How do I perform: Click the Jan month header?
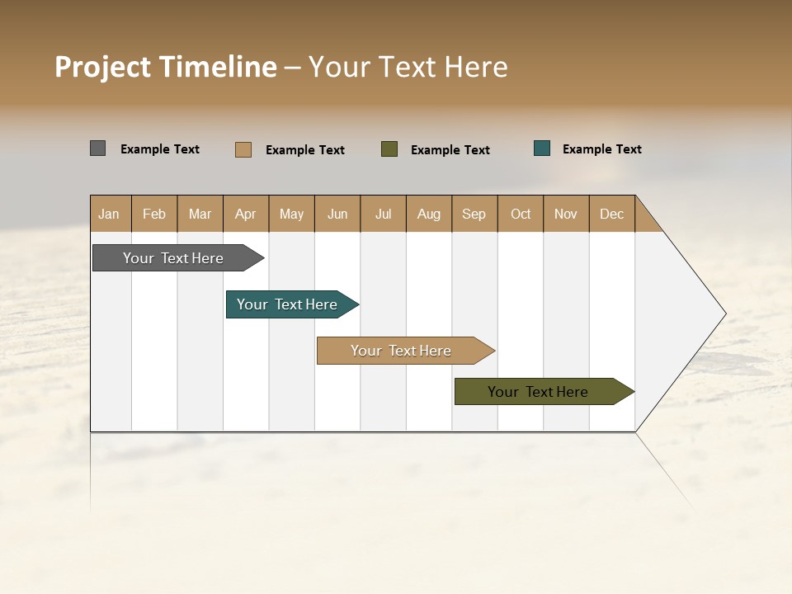click(x=110, y=214)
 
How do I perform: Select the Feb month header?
click(x=154, y=214)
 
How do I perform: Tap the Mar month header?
click(x=200, y=214)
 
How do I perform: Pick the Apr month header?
click(x=246, y=214)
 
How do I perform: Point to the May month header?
click(x=291, y=214)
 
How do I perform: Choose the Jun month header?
click(x=337, y=214)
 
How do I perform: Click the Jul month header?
click(x=383, y=214)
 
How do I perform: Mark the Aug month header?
click(x=429, y=214)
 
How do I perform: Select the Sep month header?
click(x=474, y=214)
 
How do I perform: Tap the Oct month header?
click(x=521, y=214)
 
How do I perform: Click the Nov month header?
click(x=566, y=214)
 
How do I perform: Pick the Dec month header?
click(x=612, y=214)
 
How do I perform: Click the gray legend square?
click(x=98, y=148)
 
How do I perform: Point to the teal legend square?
click(x=542, y=148)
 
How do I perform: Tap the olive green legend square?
click(x=389, y=149)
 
